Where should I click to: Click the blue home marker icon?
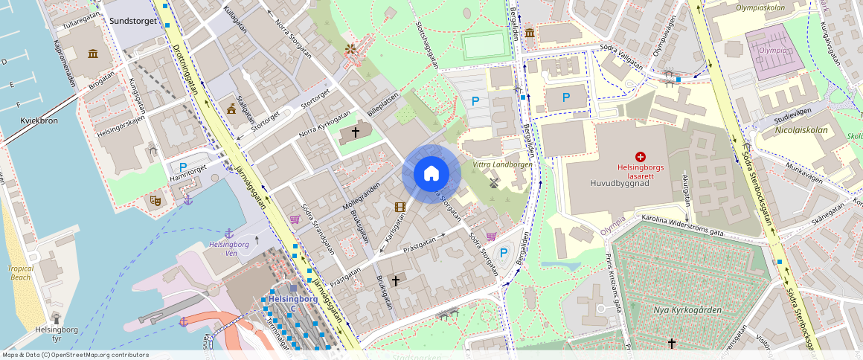pyautogui.click(x=431, y=173)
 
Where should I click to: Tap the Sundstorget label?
pyautogui.click(x=132, y=22)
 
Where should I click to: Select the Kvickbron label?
pyautogui.click(x=39, y=120)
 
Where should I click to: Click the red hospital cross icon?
pyautogui.click(x=640, y=157)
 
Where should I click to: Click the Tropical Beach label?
pyautogui.click(x=21, y=273)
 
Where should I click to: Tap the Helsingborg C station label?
pyautogui.click(x=292, y=299)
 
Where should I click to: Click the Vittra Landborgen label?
pyautogui.click(x=503, y=164)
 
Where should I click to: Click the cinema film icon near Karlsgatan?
pyautogui.click(x=400, y=207)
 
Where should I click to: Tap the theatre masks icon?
pyautogui.click(x=155, y=199)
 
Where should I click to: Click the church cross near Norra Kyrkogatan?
pyautogui.click(x=356, y=132)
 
